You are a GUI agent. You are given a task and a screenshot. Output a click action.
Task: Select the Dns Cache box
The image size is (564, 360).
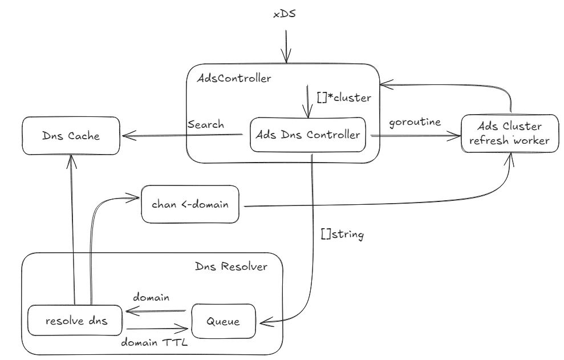coord(71,136)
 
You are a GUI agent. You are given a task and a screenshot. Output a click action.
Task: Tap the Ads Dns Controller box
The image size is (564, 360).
coord(309,135)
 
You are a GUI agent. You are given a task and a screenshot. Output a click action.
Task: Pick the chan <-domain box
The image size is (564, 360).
coord(190,204)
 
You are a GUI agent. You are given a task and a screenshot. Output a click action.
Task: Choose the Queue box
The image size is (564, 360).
coord(223,322)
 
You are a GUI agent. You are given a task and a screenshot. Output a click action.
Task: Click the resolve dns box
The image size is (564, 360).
coord(76,322)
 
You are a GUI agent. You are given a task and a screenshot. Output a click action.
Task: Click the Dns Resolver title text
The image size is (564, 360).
coord(230,266)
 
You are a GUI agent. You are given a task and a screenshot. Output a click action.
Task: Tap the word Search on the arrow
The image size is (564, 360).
coord(205,124)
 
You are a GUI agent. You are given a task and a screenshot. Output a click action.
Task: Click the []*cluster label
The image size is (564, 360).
coord(344,97)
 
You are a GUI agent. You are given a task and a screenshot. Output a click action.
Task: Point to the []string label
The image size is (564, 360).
coord(342,234)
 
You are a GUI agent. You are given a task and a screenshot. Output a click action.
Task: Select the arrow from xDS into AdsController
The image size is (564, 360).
coord(285,46)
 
